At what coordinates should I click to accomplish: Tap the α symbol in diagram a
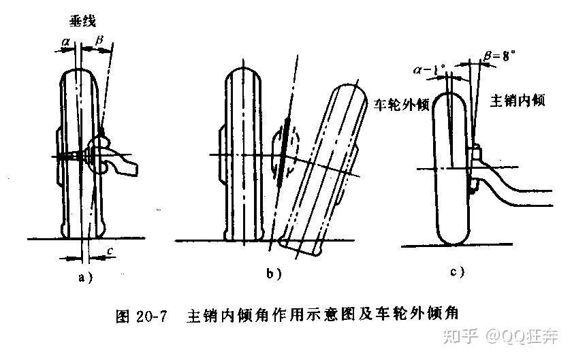point(66,42)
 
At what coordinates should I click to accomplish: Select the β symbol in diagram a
point(99,42)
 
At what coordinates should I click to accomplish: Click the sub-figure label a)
point(84,276)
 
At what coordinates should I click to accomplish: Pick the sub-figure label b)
point(274,273)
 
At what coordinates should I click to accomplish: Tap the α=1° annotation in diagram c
point(430,69)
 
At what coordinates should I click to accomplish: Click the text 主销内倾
point(518,100)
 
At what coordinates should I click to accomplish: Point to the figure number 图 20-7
point(142,316)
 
